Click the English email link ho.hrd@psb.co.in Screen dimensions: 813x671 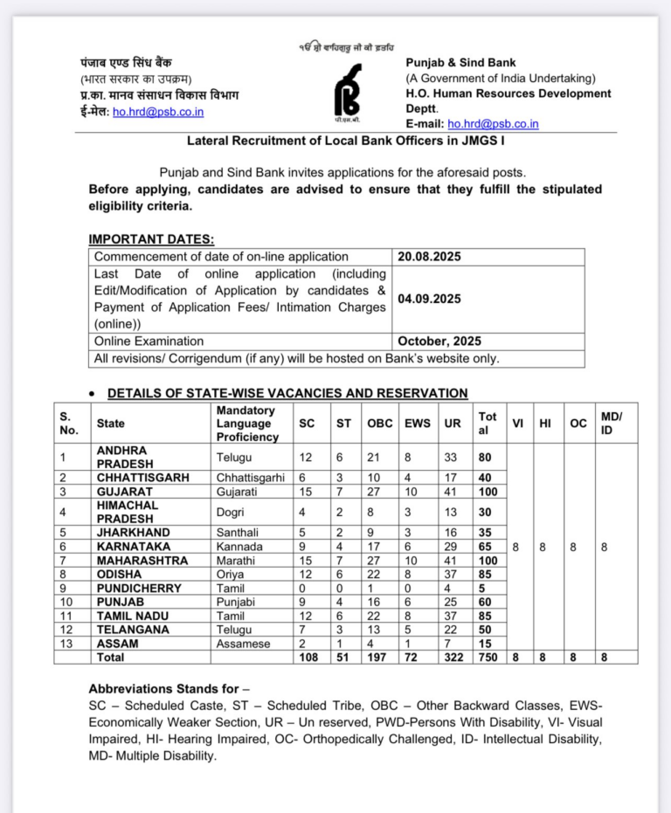tap(493, 124)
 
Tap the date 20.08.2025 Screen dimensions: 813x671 tap(429, 257)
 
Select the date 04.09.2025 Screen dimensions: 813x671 tap(429, 299)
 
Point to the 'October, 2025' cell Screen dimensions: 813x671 tap(439, 341)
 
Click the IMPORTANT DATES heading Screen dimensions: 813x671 tap(151, 239)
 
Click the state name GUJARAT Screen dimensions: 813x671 tap(125, 492)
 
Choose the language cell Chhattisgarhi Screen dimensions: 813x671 tap(251, 478)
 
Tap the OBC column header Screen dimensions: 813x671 tap(379, 424)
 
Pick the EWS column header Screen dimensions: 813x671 tap(418, 424)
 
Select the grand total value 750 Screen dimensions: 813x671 tap(488, 658)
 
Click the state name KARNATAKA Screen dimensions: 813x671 tap(133, 547)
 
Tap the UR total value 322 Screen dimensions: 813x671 tap(453, 658)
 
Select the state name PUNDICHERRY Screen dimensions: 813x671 tap(139, 589)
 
